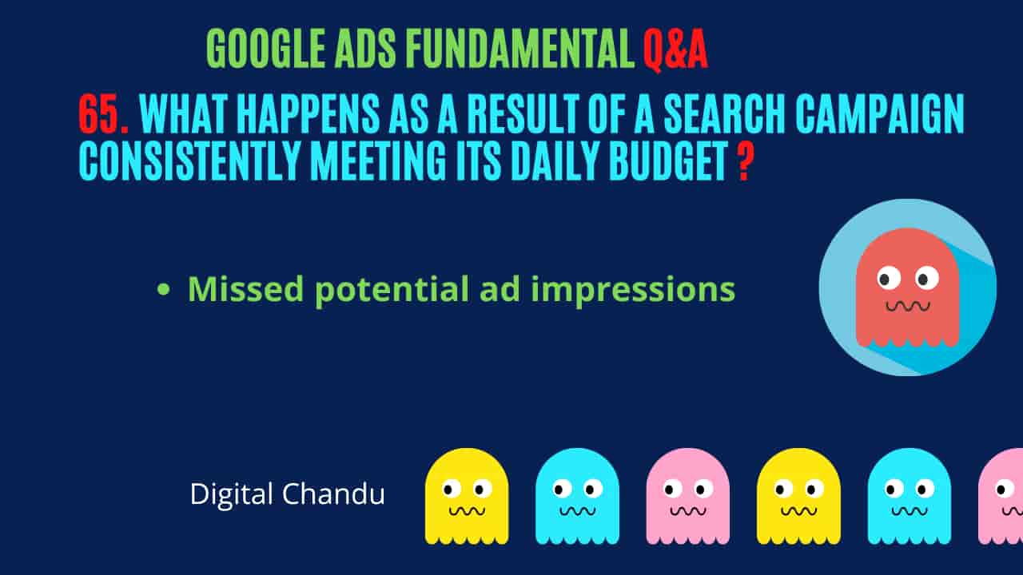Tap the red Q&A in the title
[x=675, y=50]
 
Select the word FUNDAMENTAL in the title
[x=520, y=49]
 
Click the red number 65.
[x=104, y=114]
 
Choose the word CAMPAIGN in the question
[x=880, y=114]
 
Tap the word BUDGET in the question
[x=669, y=161]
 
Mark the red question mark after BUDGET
[x=744, y=161]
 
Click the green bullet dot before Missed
[x=163, y=289]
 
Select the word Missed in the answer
[x=245, y=288]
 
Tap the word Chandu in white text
[x=333, y=494]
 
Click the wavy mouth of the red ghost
[x=908, y=306]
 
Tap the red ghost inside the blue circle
[x=907, y=287]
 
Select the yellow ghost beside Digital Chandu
[x=467, y=496]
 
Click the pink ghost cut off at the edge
[x=1001, y=496]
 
